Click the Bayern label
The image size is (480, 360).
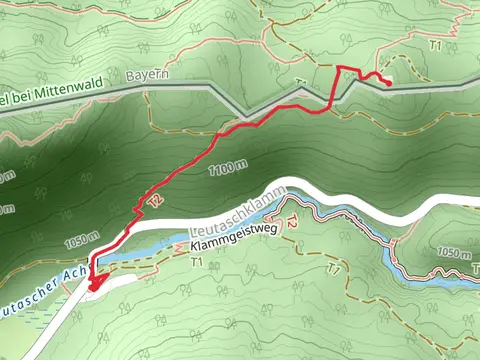click(x=147, y=75)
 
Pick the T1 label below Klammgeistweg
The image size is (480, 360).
click(x=196, y=262)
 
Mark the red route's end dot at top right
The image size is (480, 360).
click(x=387, y=83)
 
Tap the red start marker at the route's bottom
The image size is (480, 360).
click(x=95, y=284)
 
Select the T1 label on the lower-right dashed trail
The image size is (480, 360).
click(x=334, y=269)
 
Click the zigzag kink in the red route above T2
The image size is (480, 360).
click(x=139, y=210)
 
